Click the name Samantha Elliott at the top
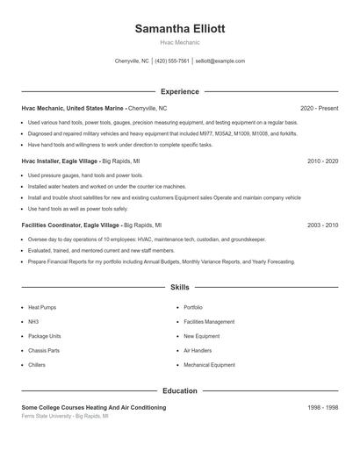179,28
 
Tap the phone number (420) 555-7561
171,61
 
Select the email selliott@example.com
220,61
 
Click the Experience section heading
179,91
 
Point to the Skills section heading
179,287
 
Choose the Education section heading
179,390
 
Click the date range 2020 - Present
319,108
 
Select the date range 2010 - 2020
322,161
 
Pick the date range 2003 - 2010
322,225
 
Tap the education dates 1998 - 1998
322,407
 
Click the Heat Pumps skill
43,308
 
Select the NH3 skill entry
33,322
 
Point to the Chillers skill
36,365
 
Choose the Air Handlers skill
198,351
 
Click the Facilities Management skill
209,322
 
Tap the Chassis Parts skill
44,351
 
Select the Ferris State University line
65,416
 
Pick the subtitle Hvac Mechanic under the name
179,42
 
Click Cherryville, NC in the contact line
132,61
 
